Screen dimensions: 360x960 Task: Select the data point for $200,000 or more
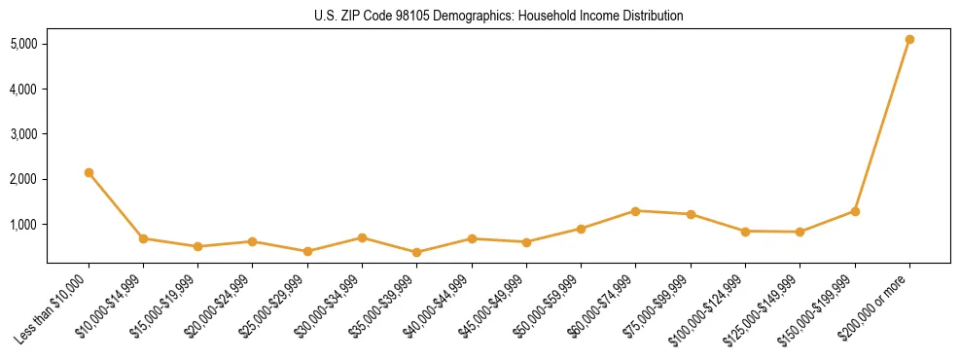point(909,40)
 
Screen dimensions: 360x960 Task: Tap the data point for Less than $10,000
point(89,172)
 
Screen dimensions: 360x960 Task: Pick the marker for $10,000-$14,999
point(143,238)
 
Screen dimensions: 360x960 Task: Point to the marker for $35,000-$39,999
point(362,252)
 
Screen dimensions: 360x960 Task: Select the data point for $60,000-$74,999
point(635,211)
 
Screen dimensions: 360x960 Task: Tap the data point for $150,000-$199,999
point(855,211)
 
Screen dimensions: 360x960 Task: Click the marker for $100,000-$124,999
point(745,232)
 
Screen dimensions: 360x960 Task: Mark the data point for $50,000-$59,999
point(581,229)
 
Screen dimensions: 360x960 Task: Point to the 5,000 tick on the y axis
point(24,44)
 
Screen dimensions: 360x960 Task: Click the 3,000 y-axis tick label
point(24,134)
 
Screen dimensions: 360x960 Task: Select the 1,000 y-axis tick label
point(24,225)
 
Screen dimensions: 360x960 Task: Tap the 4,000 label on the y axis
point(24,90)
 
